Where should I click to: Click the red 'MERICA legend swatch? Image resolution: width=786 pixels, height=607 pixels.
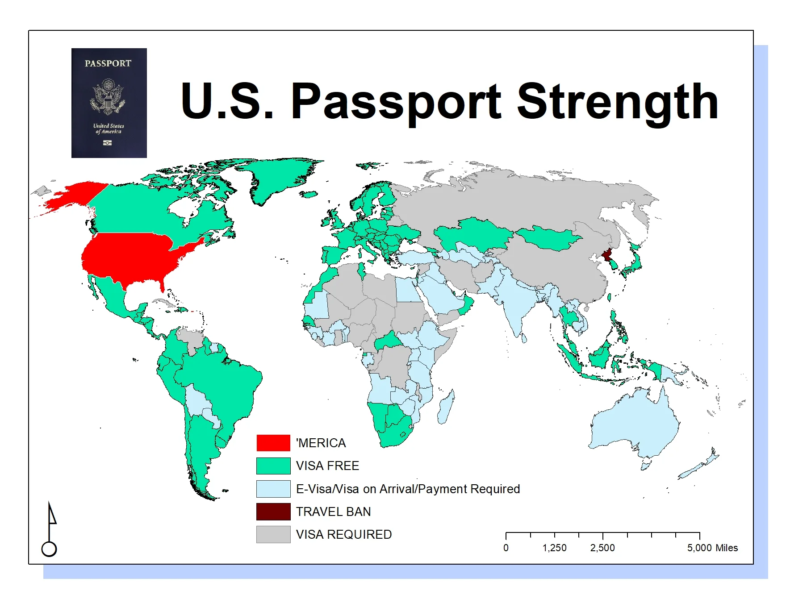273,443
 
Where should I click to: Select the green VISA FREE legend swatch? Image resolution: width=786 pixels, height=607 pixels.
273,466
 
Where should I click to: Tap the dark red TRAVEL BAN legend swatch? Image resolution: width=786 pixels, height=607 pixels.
273,511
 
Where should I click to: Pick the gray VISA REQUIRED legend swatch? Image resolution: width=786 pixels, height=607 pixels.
273,534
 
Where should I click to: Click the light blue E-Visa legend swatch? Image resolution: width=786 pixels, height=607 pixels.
273,489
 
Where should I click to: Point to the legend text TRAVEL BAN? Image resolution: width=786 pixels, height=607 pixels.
333,511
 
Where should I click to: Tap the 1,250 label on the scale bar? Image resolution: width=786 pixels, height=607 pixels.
554,548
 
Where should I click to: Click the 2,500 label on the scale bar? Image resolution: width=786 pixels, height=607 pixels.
602,548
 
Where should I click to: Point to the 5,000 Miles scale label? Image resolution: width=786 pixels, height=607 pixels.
712,548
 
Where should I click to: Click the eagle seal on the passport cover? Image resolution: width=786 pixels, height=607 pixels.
108,97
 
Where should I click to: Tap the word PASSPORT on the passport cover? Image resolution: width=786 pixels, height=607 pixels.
108,63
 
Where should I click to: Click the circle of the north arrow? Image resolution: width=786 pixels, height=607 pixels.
49,549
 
